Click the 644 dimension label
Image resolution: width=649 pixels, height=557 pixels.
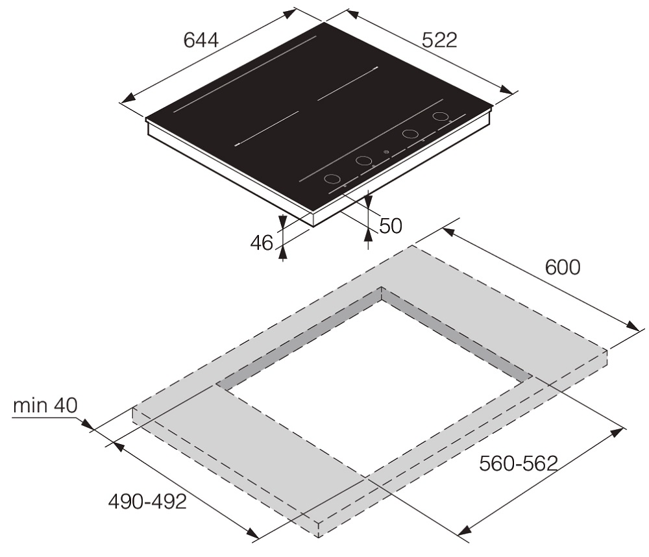tap(201, 41)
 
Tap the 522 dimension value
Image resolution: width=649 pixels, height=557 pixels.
tap(439, 40)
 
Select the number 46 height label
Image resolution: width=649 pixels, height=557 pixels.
tap(262, 243)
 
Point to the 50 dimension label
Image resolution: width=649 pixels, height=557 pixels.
tap(390, 226)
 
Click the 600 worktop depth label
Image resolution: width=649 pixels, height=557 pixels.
tap(563, 267)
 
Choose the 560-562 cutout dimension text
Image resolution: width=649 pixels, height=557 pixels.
tap(519, 464)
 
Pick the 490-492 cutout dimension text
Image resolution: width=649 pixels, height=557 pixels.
tap(147, 502)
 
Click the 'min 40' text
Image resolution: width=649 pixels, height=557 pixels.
tap(45, 406)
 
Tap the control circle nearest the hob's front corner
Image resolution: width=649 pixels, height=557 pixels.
tap(332, 179)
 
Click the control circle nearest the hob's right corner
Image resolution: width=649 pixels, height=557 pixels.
tap(441, 116)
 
